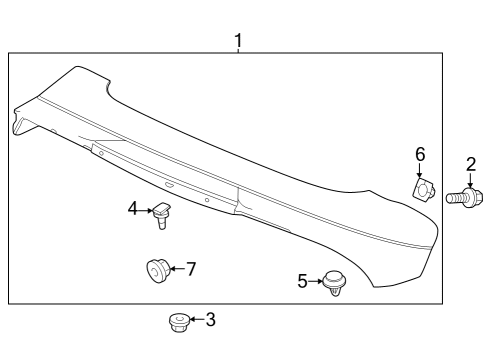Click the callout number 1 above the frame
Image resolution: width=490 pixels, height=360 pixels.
pyautogui.click(x=238, y=41)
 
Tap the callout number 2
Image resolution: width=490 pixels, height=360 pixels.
pyautogui.click(x=471, y=165)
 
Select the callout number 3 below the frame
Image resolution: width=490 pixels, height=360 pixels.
pyautogui.click(x=210, y=319)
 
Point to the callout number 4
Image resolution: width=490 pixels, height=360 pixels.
pyautogui.click(x=133, y=209)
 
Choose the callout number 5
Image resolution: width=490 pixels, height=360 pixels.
pyautogui.click(x=302, y=281)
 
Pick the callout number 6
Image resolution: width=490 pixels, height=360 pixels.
pyautogui.click(x=420, y=154)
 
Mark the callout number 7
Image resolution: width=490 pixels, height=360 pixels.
pyautogui.click(x=191, y=269)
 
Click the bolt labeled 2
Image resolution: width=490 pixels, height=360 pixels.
pyautogui.click(x=462, y=197)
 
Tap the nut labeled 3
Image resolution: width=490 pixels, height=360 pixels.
pyautogui.click(x=179, y=322)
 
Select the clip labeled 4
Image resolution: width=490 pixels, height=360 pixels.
pyautogui.click(x=162, y=215)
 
